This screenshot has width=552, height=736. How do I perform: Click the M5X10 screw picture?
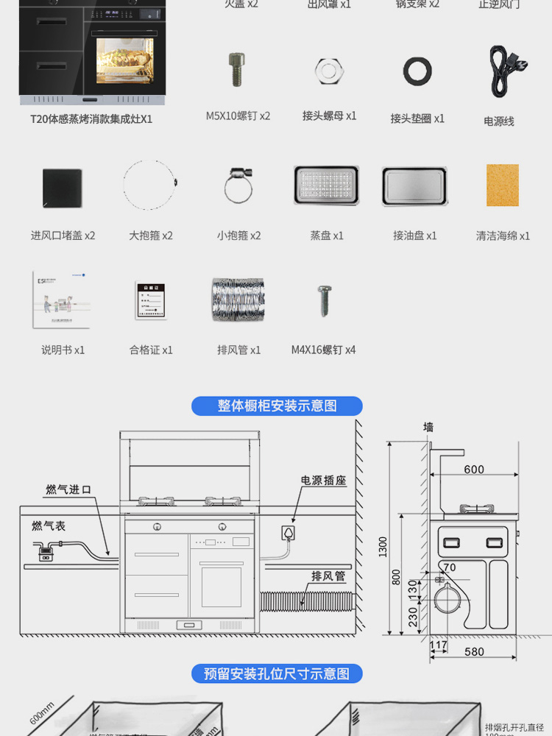coord(238,70)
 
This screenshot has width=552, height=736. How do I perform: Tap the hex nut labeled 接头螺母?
coord(326,71)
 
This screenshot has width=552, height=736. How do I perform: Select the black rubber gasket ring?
coord(417,71)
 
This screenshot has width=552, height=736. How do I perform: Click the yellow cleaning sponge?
coord(503,185)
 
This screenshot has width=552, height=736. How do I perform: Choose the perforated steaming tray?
coord(326,185)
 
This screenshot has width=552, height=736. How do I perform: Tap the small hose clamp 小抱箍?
coord(238,185)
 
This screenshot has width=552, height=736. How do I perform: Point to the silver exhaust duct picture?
coord(238,299)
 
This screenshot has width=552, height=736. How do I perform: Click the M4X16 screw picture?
coord(324,300)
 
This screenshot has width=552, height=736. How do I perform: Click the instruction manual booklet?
coord(62,299)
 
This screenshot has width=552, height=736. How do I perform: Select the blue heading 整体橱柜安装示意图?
coord(277,406)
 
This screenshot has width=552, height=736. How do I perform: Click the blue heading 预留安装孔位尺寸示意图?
coord(277,673)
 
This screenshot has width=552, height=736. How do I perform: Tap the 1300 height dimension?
coord(383,546)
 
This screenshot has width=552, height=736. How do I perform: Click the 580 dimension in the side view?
coord(475,651)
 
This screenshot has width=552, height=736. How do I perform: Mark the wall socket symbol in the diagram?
coord(289,532)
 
